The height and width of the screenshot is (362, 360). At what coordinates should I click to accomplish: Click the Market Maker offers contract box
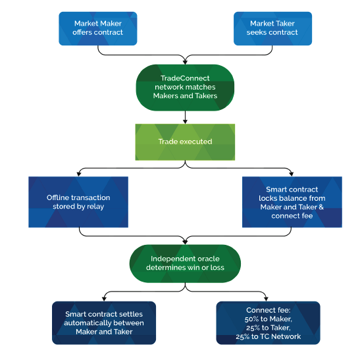pyautogui.click(x=98, y=28)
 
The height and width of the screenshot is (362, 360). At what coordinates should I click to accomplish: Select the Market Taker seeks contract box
pyautogui.click(x=272, y=28)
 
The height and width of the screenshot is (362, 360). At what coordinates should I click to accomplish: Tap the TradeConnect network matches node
pyautogui.click(x=185, y=88)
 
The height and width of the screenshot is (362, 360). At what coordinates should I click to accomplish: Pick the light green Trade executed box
pyautogui.click(x=185, y=142)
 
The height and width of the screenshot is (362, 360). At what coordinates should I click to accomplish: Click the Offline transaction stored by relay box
pyautogui.click(x=78, y=202)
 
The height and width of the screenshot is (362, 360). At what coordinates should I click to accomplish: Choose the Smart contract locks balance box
pyautogui.click(x=292, y=202)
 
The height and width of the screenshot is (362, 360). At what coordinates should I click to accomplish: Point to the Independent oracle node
pyautogui.click(x=185, y=263)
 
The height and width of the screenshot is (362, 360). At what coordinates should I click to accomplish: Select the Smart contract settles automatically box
pyautogui.click(x=104, y=323)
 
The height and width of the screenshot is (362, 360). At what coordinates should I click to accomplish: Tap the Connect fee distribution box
pyautogui.click(x=268, y=323)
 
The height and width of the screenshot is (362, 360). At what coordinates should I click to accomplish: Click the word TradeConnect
pyautogui.click(x=185, y=78)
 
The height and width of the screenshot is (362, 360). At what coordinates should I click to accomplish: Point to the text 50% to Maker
pyautogui.click(x=268, y=319)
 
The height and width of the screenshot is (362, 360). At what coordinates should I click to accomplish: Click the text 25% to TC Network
pyautogui.click(x=268, y=336)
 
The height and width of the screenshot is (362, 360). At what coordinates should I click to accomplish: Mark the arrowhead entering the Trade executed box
pyautogui.click(x=185, y=122)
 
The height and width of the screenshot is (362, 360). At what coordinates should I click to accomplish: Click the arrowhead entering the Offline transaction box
pyautogui.click(x=79, y=174)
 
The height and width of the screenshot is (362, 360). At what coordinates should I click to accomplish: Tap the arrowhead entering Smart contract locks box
pyautogui.click(x=291, y=174)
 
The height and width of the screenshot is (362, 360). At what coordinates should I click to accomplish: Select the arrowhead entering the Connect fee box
pyautogui.click(x=267, y=299)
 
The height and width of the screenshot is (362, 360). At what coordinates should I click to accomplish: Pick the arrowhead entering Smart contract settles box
pyautogui.click(x=104, y=299)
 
